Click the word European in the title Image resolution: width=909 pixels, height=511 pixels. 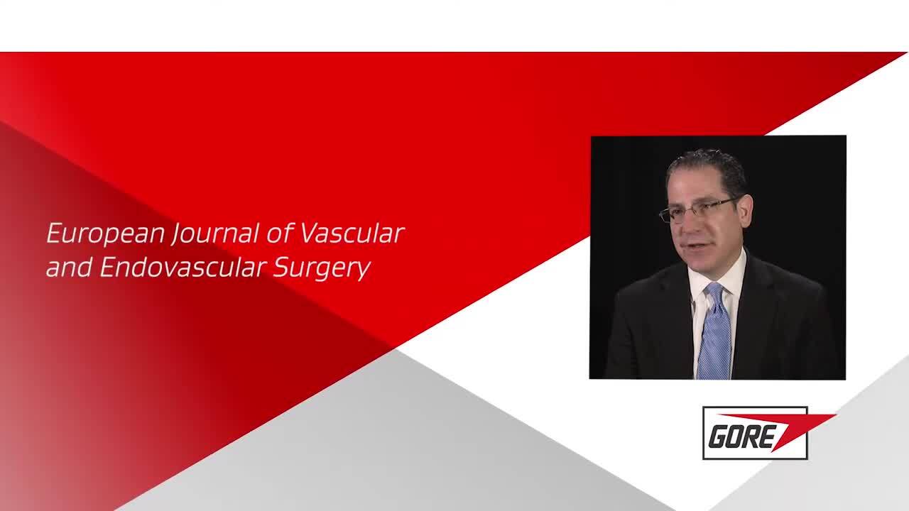pos(106,234)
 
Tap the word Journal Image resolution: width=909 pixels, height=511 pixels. pos(215,234)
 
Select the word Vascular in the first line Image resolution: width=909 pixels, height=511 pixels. pos(352,233)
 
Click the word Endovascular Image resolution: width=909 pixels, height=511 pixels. pos(183,268)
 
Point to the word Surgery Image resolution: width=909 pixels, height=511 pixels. pos(322,268)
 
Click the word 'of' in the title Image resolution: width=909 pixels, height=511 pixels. pos(280,233)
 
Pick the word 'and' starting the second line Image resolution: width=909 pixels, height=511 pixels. pos(69,268)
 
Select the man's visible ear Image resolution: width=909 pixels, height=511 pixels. pos(746,211)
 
